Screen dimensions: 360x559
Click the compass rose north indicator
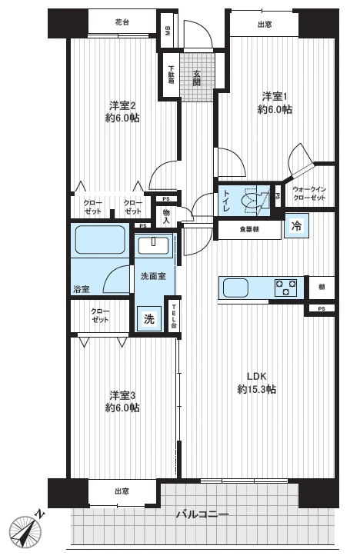(x=25, y=531)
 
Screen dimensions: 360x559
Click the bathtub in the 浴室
(x=100, y=240)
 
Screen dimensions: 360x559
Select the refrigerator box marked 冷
(x=296, y=225)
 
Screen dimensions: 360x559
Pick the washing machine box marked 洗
(x=149, y=318)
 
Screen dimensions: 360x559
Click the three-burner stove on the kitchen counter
(x=286, y=288)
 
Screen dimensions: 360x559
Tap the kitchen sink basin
(x=235, y=288)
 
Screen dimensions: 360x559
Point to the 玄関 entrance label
(x=197, y=78)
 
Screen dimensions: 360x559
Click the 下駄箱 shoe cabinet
(x=172, y=74)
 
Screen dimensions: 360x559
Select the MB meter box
(x=168, y=31)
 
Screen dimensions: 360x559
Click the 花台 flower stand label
(x=122, y=22)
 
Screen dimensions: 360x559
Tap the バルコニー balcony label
(x=202, y=514)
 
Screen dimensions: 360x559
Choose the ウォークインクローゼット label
(x=309, y=194)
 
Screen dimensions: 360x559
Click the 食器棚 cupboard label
(x=249, y=230)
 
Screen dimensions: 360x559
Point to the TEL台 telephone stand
(x=174, y=315)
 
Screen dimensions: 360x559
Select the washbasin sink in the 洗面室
(x=153, y=245)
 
